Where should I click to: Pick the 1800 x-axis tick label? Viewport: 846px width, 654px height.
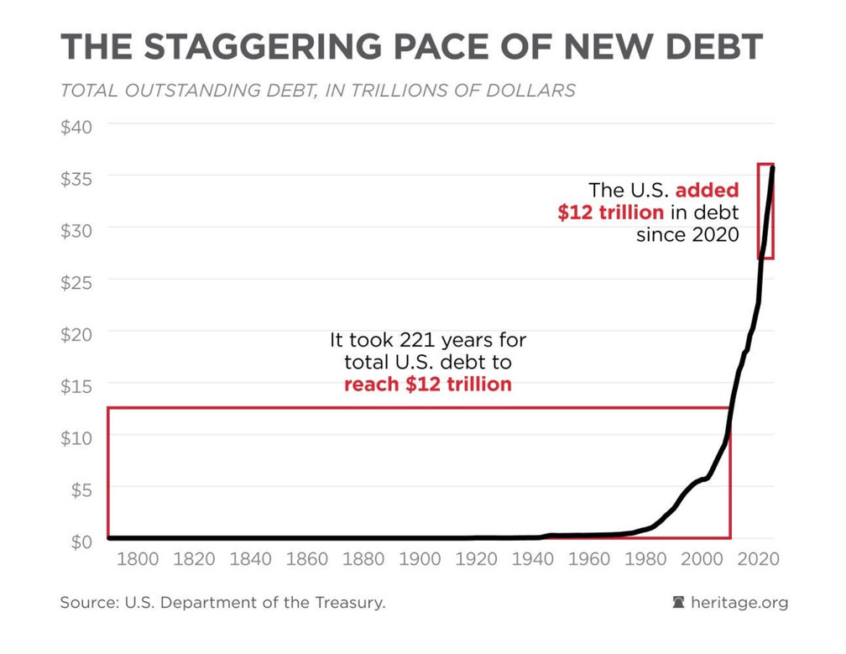[138, 560]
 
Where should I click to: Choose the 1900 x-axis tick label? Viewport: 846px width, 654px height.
[420, 560]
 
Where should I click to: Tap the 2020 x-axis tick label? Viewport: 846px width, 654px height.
[760, 560]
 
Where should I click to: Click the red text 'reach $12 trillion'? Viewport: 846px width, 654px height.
[428, 385]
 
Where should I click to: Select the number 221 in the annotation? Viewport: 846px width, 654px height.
[418, 341]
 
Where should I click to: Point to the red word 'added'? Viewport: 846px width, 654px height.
[707, 191]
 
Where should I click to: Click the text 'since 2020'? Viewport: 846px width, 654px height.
[687, 234]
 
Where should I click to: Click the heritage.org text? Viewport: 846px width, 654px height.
[739, 603]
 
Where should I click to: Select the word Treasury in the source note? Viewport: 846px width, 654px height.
[345, 603]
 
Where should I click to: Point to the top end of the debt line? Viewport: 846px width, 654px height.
[773, 167]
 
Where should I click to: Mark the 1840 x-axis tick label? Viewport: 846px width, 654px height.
[251, 560]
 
